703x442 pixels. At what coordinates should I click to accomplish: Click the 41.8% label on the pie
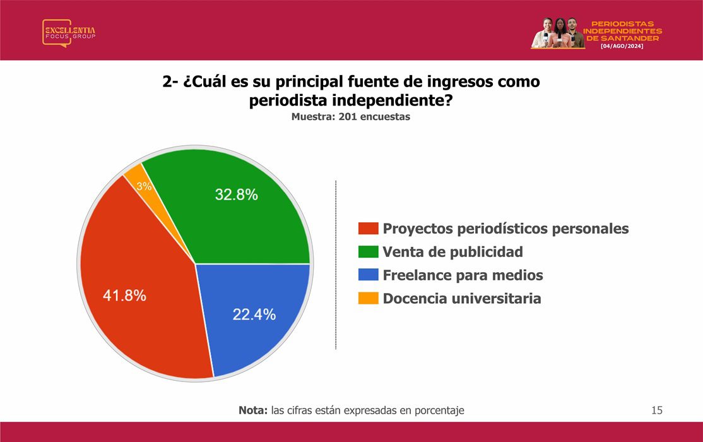point(125,296)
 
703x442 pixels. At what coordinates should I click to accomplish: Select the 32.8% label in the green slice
point(236,194)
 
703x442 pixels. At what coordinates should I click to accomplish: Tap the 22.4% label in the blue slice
point(254,314)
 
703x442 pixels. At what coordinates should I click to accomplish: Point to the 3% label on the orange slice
point(144,186)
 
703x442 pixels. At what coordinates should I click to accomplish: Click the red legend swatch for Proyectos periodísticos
point(368,229)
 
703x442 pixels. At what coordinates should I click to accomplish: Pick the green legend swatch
point(368,252)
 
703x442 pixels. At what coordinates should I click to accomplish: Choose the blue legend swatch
point(368,275)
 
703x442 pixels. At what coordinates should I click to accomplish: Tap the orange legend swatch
point(368,299)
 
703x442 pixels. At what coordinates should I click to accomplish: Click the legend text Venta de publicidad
point(453,252)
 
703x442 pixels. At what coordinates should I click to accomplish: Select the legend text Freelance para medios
point(463,275)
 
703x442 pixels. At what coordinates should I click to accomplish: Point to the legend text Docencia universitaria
point(462,299)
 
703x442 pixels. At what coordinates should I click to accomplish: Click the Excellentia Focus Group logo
point(69,33)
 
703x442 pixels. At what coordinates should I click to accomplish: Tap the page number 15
point(657,410)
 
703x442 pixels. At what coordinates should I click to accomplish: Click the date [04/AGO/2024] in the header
point(622,46)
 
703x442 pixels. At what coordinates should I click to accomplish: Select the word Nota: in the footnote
point(253,410)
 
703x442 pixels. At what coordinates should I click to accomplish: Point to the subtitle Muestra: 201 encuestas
point(351,117)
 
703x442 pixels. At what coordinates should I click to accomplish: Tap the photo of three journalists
point(557,33)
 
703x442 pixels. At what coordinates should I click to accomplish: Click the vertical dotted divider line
point(336,265)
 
